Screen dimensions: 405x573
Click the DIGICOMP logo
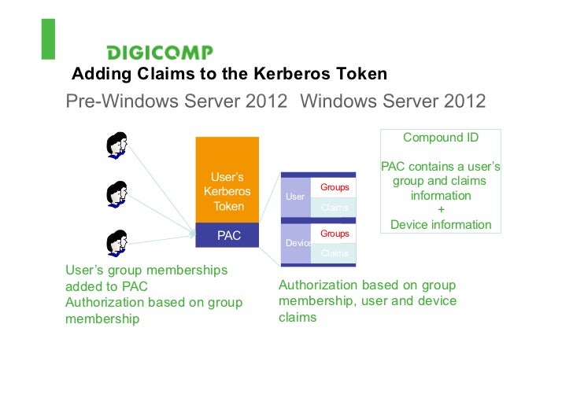pyautogui.click(x=160, y=53)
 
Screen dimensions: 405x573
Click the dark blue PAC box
pyautogui.click(x=227, y=235)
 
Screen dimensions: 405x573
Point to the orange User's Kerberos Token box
pyautogui.click(x=227, y=180)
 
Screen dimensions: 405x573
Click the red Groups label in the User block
pyautogui.click(x=335, y=188)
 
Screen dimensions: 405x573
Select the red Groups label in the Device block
pyautogui.click(x=335, y=234)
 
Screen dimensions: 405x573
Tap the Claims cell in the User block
pyautogui.click(x=335, y=208)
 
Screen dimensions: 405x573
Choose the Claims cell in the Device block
pyautogui.click(x=335, y=253)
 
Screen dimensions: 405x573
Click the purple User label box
pyautogui.click(x=295, y=197)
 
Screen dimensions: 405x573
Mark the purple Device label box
pyautogui.click(x=298, y=243)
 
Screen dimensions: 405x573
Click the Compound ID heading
pyautogui.click(x=441, y=138)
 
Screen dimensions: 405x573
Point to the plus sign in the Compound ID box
pyautogui.click(x=441, y=210)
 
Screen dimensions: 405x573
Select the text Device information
pyautogui.click(x=441, y=224)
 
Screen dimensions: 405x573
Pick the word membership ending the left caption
pyautogui.click(x=102, y=318)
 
